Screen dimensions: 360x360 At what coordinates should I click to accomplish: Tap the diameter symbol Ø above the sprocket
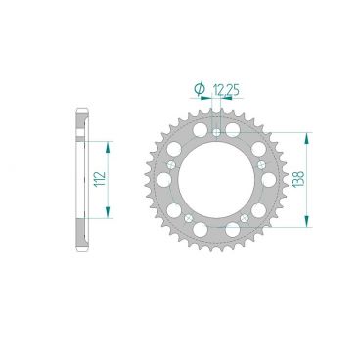coord(200,90)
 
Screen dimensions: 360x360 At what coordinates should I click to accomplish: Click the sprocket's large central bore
coord(218,180)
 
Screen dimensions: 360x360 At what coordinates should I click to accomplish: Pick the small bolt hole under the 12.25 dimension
coord(218,127)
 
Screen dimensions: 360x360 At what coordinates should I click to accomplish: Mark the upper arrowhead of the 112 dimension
coord(107,143)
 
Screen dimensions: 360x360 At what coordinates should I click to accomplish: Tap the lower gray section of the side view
coord(80,241)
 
